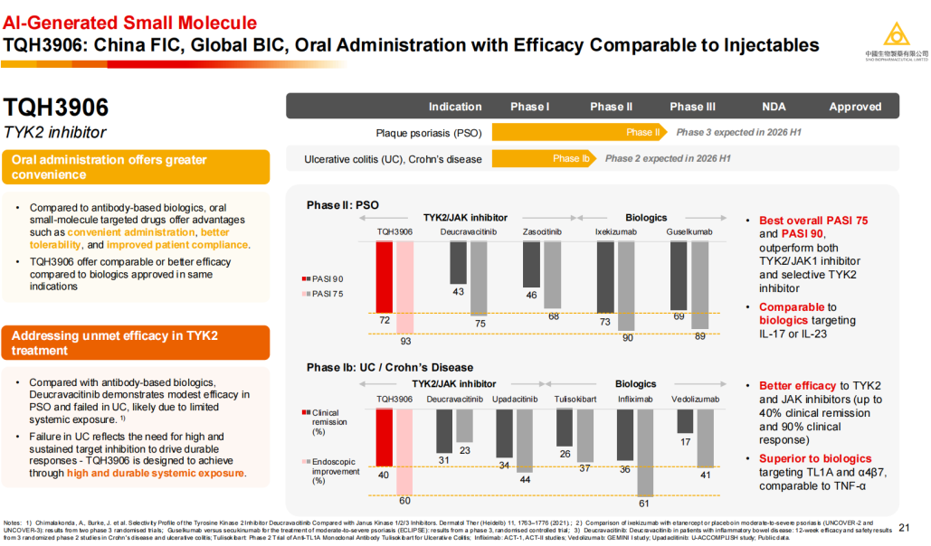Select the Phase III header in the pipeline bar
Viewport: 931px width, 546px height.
pyautogui.click(x=692, y=107)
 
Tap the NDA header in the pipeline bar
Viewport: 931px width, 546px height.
pyautogui.click(x=774, y=107)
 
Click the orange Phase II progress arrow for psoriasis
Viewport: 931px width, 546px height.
pyautogui.click(x=580, y=132)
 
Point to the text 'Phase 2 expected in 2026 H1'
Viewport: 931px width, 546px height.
pyautogui.click(x=668, y=158)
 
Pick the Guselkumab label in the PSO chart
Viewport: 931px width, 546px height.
pyautogui.click(x=689, y=232)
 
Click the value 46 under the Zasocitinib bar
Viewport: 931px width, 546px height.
pyautogui.click(x=532, y=295)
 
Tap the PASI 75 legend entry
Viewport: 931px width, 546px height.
pyautogui.click(x=324, y=294)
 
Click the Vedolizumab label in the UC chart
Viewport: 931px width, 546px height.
pyautogui.click(x=695, y=399)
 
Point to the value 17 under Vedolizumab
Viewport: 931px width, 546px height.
pyautogui.click(x=685, y=442)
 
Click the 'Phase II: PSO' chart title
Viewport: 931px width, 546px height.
pyautogui.click(x=342, y=205)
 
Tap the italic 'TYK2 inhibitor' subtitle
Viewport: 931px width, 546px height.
pyautogui.click(x=54, y=133)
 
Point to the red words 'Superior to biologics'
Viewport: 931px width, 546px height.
pyautogui.click(x=815, y=458)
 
